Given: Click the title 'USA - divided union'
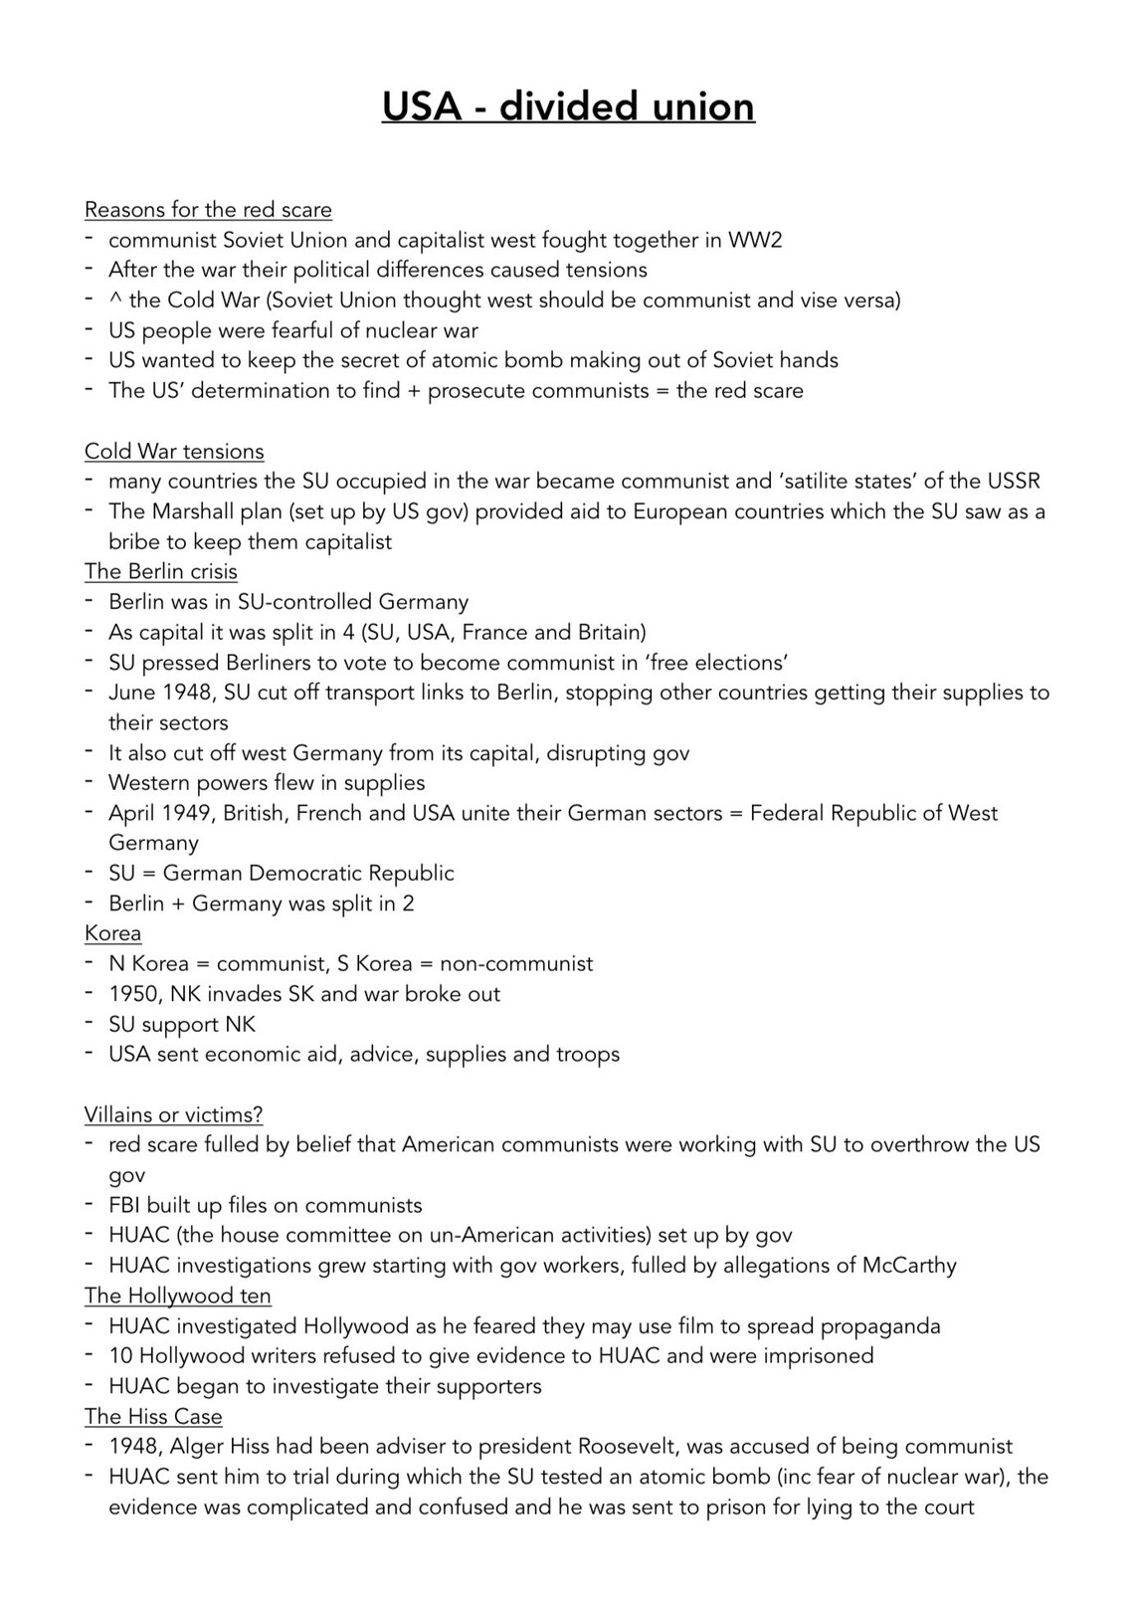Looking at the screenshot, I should tap(568, 106).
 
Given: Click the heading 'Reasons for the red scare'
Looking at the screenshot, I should tap(208, 210).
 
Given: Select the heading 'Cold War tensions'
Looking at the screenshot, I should tap(174, 451).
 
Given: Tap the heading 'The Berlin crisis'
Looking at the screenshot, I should tap(161, 571).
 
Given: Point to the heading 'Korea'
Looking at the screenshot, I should tap(112, 933).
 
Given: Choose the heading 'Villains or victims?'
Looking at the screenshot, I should tap(173, 1114).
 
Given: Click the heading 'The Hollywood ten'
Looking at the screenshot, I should tap(177, 1296).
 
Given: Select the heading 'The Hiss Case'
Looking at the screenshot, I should tap(153, 1416).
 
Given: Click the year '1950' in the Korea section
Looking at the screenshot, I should tap(133, 994).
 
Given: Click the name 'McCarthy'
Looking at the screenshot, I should tap(909, 1266).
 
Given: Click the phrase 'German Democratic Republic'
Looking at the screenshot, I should tap(308, 874).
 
